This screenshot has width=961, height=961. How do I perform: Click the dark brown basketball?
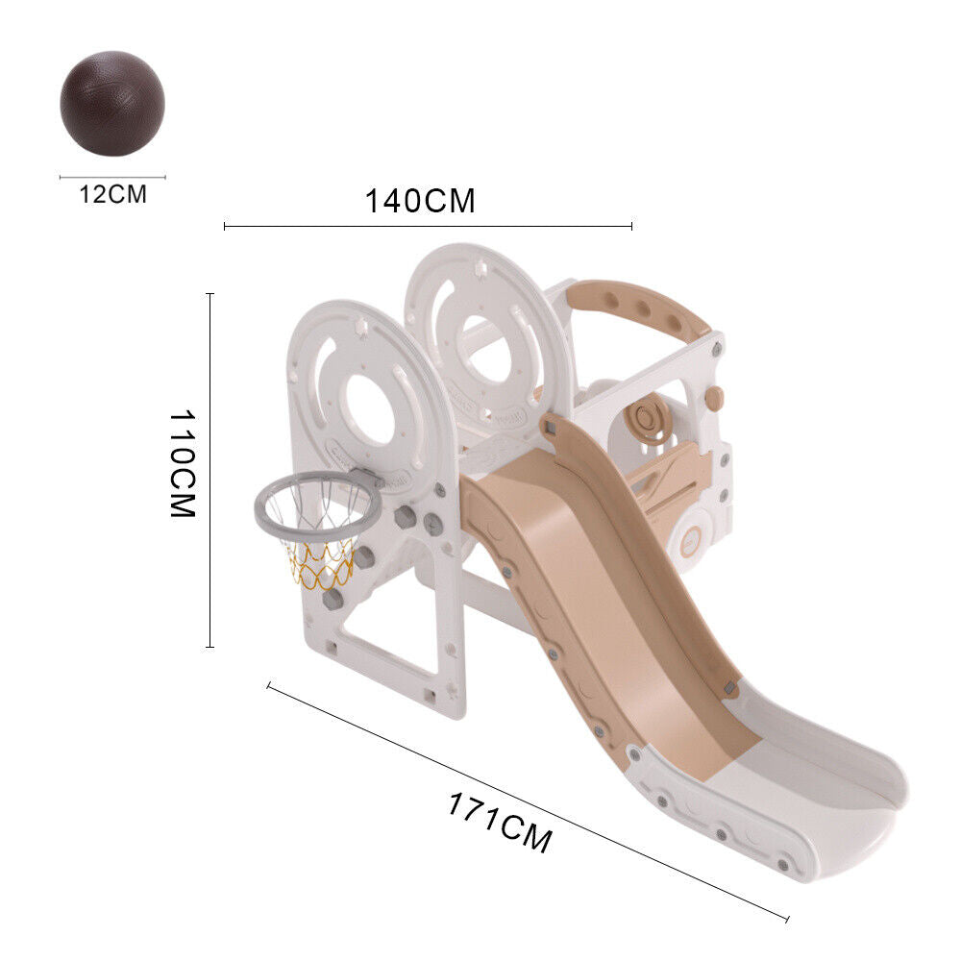(112, 103)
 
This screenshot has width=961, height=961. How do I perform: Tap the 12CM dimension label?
(113, 194)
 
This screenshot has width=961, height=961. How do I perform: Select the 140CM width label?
(421, 201)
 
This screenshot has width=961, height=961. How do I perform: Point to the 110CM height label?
(183, 464)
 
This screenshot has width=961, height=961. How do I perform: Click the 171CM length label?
(500, 822)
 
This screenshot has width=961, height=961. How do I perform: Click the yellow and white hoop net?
(319, 561)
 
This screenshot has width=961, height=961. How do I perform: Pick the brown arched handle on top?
(637, 307)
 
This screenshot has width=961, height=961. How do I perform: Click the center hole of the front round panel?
(370, 408)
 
